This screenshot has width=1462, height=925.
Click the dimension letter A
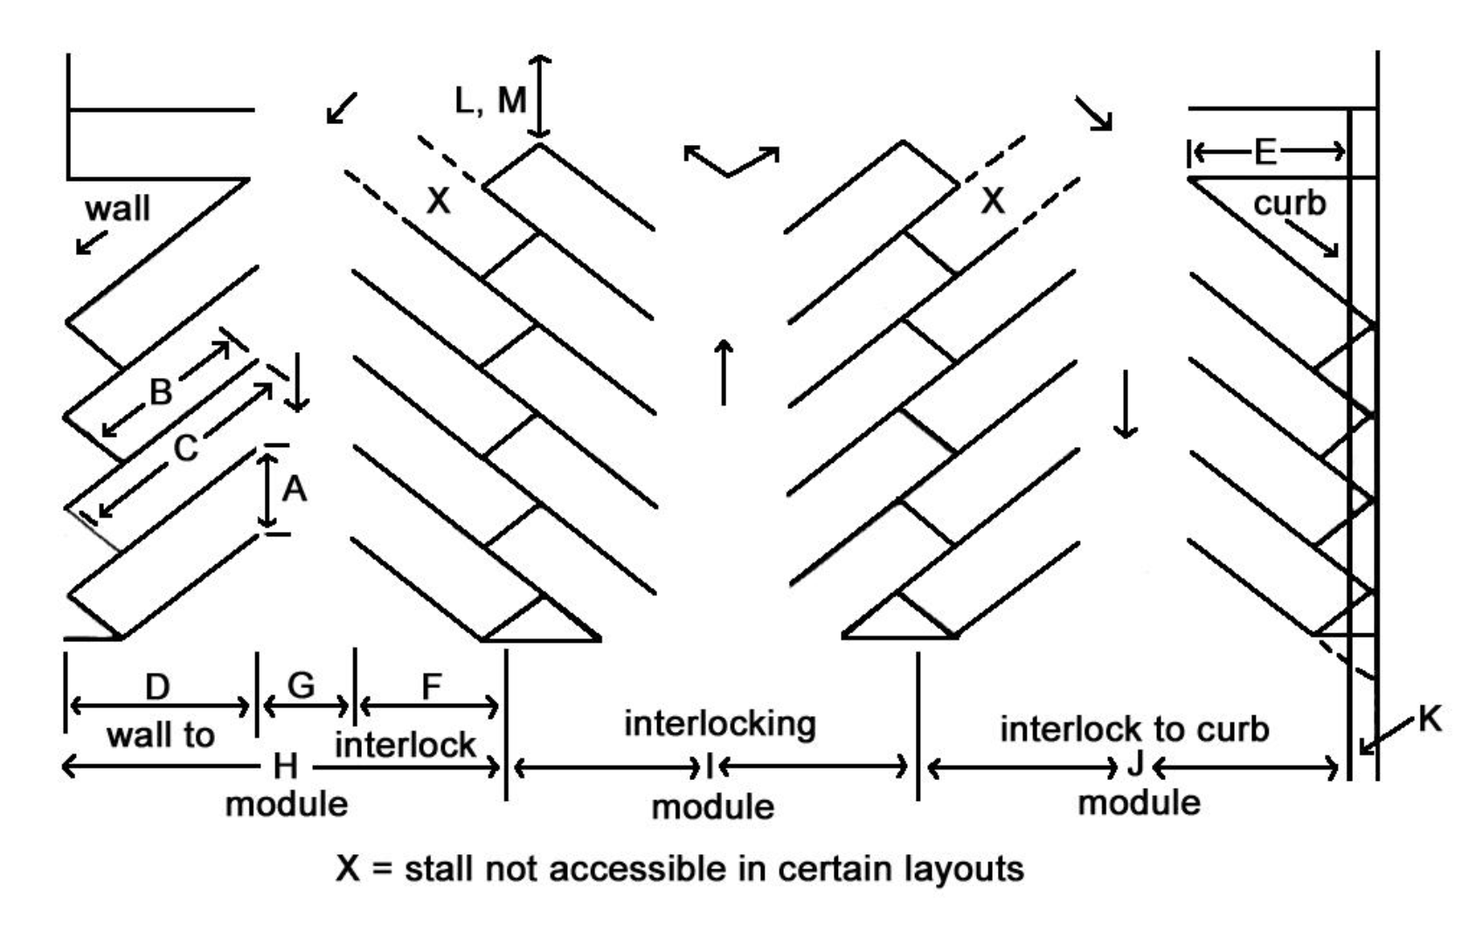click(x=294, y=489)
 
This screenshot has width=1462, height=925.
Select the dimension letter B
click(x=161, y=392)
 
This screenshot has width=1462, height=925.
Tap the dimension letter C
click(x=185, y=448)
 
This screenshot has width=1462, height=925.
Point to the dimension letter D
click(x=157, y=687)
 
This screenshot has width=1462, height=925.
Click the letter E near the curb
click(x=1265, y=153)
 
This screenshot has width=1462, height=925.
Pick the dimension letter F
click(x=432, y=687)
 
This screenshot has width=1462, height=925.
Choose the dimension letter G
click(x=301, y=686)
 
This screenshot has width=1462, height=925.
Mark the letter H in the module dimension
click(x=286, y=767)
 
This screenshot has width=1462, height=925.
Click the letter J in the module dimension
click(x=1135, y=764)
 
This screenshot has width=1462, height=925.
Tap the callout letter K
click(x=1430, y=719)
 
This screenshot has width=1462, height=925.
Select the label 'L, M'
click(x=490, y=100)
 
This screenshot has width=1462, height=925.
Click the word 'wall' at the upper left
click(x=118, y=209)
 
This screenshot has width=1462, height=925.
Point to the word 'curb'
click(x=1290, y=204)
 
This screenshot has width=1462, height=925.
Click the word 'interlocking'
click(x=720, y=724)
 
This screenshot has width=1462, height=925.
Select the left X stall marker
click(x=438, y=201)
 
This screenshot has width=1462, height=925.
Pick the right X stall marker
click(x=993, y=201)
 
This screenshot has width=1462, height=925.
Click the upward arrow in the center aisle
click(x=724, y=372)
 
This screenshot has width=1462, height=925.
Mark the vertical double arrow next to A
click(x=267, y=489)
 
